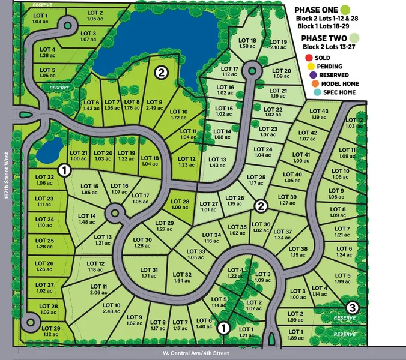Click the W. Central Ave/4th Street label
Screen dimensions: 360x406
pos(196,353)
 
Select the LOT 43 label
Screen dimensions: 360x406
pos(320,114)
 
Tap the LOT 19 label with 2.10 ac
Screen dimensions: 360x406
pos(279,44)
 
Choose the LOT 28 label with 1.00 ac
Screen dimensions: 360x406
pos(180,204)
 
